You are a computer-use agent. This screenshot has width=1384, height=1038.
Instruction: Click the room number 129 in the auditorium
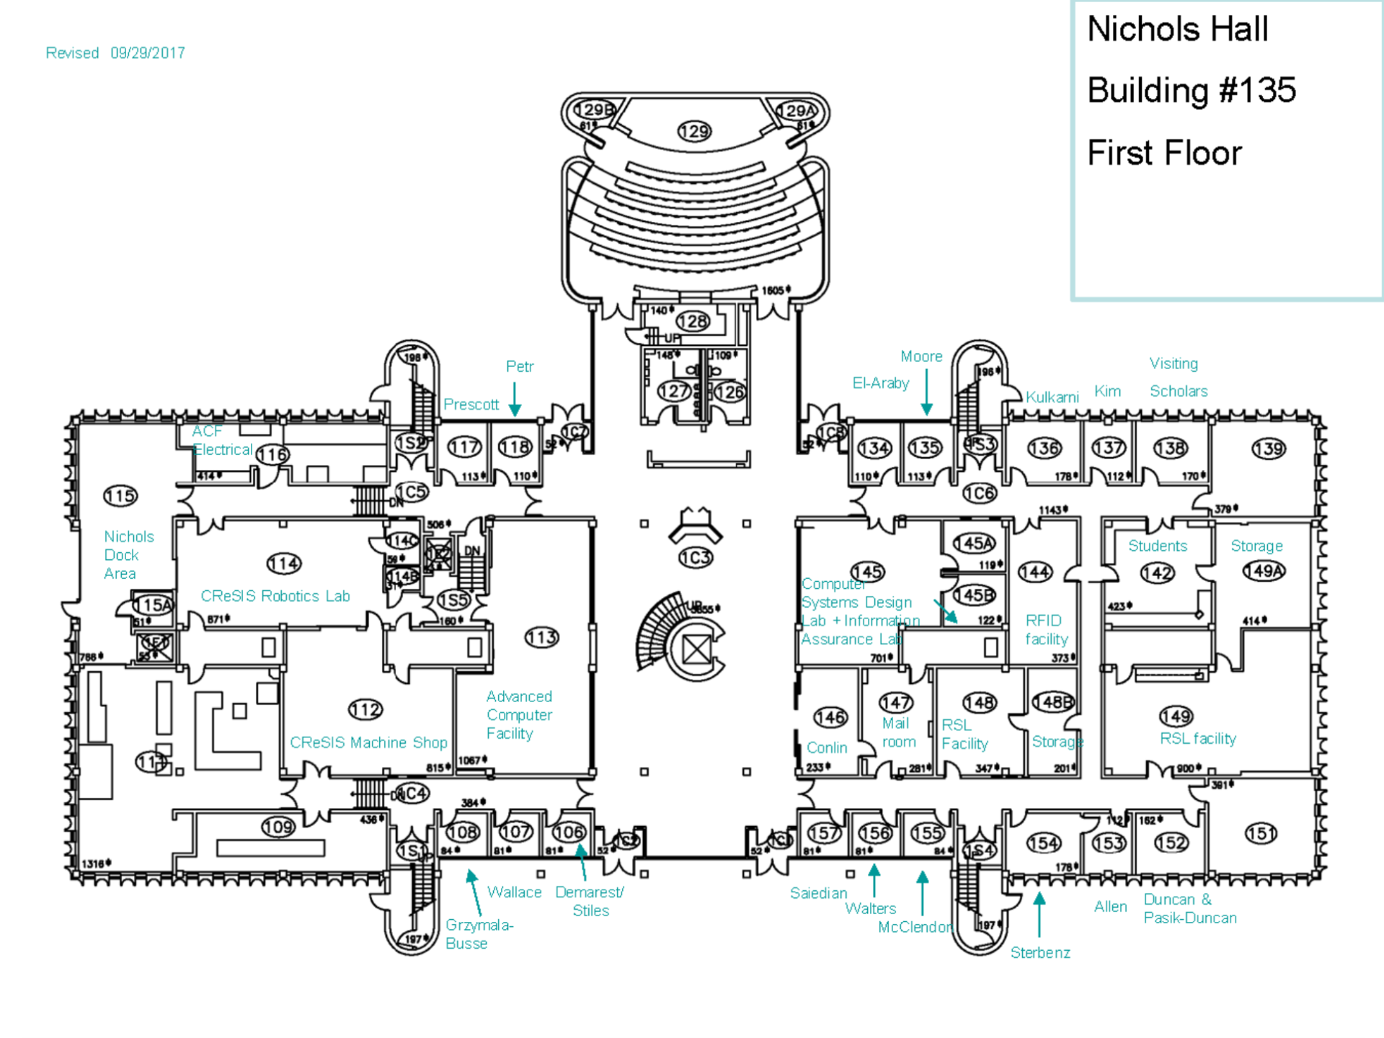(694, 131)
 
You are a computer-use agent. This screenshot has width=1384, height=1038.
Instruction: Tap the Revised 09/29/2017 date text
(115, 53)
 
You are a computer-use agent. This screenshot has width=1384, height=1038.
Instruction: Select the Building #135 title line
(1192, 91)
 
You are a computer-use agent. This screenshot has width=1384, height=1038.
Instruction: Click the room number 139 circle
(1269, 449)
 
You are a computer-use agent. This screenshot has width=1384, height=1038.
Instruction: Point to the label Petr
(520, 367)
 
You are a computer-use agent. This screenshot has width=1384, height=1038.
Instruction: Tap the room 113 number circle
(541, 637)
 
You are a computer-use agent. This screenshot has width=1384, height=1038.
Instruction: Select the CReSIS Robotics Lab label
(275, 596)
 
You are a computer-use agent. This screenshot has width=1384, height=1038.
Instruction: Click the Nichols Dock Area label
(128, 555)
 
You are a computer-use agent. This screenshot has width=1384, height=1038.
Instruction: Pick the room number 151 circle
(1261, 833)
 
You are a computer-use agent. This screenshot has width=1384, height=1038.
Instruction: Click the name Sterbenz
(1040, 953)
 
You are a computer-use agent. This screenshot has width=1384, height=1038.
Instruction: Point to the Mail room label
(898, 732)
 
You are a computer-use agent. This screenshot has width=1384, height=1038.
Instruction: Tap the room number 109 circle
(278, 827)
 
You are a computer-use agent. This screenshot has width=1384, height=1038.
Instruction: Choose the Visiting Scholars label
(1178, 377)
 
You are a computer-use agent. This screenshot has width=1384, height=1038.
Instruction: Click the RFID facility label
(1045, 630)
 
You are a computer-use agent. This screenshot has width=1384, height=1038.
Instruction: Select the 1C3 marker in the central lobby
(696, 557)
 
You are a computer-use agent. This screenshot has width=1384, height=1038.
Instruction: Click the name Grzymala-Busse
(479, 934)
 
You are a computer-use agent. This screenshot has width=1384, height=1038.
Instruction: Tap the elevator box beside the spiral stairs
(697, 649)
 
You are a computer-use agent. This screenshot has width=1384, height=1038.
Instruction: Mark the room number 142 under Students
(1157, 573)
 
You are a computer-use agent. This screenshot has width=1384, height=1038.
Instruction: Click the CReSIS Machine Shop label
(368, 742)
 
